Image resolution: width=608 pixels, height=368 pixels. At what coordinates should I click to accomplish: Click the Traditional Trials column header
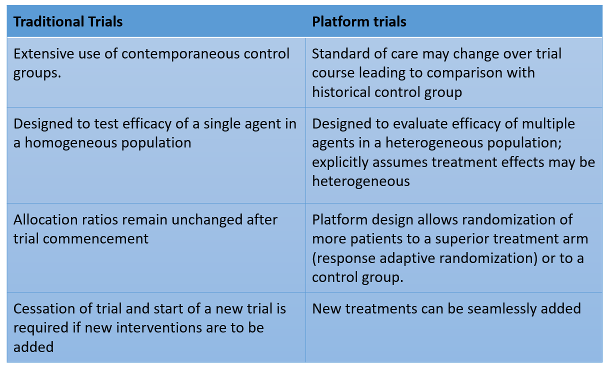coord(67,22)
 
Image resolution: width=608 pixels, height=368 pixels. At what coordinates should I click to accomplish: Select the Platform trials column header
coord(359,22)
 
